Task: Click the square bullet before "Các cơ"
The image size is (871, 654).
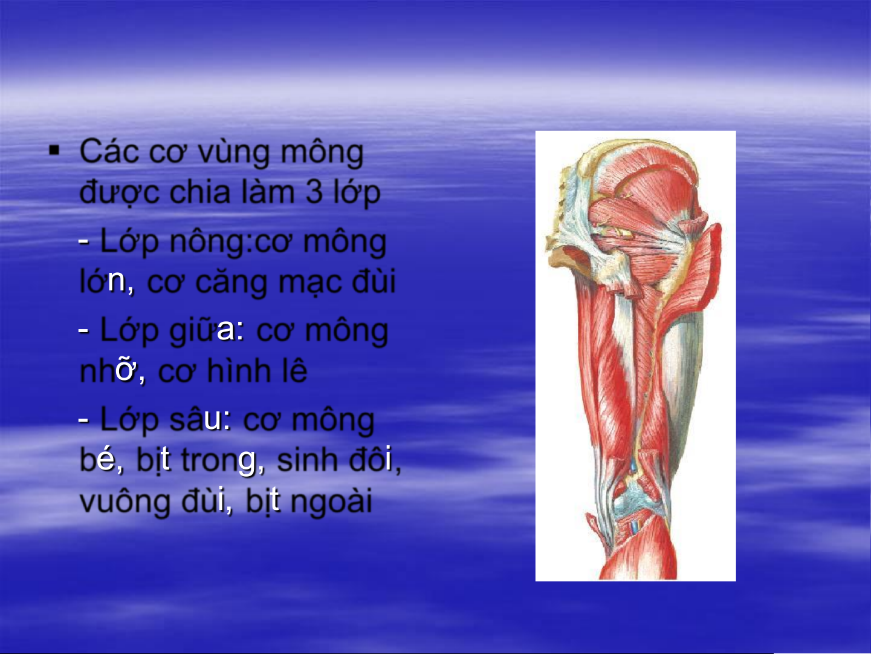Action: (54, 151)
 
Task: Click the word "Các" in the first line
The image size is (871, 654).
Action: (109, 151)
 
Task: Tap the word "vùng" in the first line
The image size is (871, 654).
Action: (234, 153)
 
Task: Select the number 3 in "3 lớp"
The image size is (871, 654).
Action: (314, 192)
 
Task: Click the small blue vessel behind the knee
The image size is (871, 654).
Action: (633, 527)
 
